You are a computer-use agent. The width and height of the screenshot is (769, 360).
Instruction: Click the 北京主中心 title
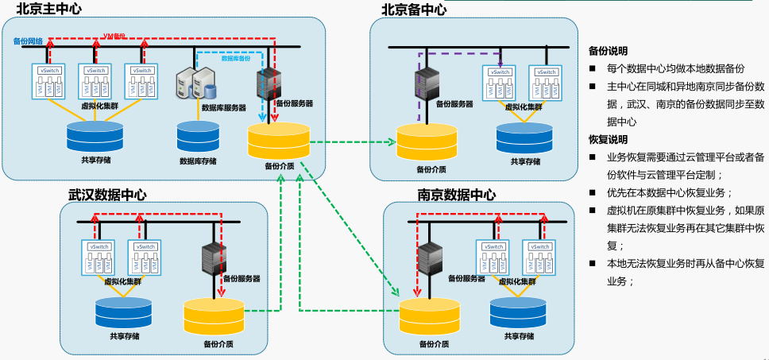pos(48,9)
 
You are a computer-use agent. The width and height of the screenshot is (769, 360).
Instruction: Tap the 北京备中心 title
pos(414,10)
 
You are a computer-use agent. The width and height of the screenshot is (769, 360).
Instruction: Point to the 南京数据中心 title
pos(457,195)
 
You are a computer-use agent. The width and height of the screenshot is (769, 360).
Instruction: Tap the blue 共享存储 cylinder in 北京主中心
pos(95,136)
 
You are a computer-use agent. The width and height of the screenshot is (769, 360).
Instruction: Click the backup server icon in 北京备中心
pos(427,84)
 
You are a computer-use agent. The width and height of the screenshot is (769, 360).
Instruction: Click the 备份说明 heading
pos(608,50)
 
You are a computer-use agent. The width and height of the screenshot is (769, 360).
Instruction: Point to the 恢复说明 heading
pos(608,139)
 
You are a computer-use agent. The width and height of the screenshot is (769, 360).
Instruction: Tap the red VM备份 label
pos(114,36)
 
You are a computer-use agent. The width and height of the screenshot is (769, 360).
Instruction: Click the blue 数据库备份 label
pos(235,59)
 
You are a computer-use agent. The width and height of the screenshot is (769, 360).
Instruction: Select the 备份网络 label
pos(28,41)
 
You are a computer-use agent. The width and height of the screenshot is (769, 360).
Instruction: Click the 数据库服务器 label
pos(223,107)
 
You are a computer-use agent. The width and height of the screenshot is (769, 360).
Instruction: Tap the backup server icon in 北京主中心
pos(267,83)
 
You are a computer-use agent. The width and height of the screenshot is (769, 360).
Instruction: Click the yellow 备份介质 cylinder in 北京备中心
pos(427,141)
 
